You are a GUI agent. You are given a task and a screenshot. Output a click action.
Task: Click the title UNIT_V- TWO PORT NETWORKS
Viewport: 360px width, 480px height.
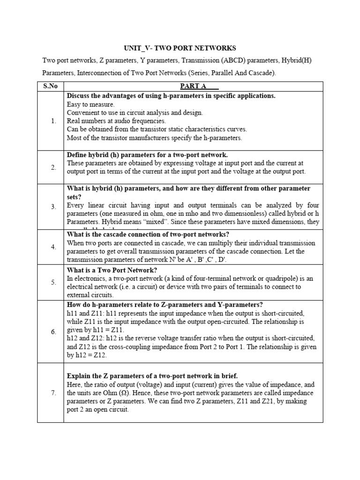click(x=180, y=48)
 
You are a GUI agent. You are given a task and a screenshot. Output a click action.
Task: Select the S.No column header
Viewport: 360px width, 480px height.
click(x=50, y=86)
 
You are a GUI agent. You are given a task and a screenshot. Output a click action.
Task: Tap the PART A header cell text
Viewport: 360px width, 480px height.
click(x=193, y=86)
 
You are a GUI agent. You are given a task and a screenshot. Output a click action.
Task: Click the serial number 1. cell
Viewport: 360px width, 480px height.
click(x=54, y=121)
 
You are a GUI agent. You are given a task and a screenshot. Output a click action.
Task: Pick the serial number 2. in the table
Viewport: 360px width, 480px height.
click(x=54, y=167)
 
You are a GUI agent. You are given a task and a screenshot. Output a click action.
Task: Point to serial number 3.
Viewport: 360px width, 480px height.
click(x=54, y=206)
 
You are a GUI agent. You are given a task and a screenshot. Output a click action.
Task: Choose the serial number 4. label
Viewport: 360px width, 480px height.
click(x=54, y=247)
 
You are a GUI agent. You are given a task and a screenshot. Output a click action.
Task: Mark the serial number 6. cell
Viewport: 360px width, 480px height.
click(x=54, y=331)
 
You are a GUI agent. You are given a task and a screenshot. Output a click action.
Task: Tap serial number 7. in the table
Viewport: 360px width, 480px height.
click(x=54, y=392)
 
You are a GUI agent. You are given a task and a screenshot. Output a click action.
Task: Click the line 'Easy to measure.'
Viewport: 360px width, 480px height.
click(x=90, y=104)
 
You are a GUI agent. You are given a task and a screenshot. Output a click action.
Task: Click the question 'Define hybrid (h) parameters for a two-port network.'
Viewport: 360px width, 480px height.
click(x=148, y=155)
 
